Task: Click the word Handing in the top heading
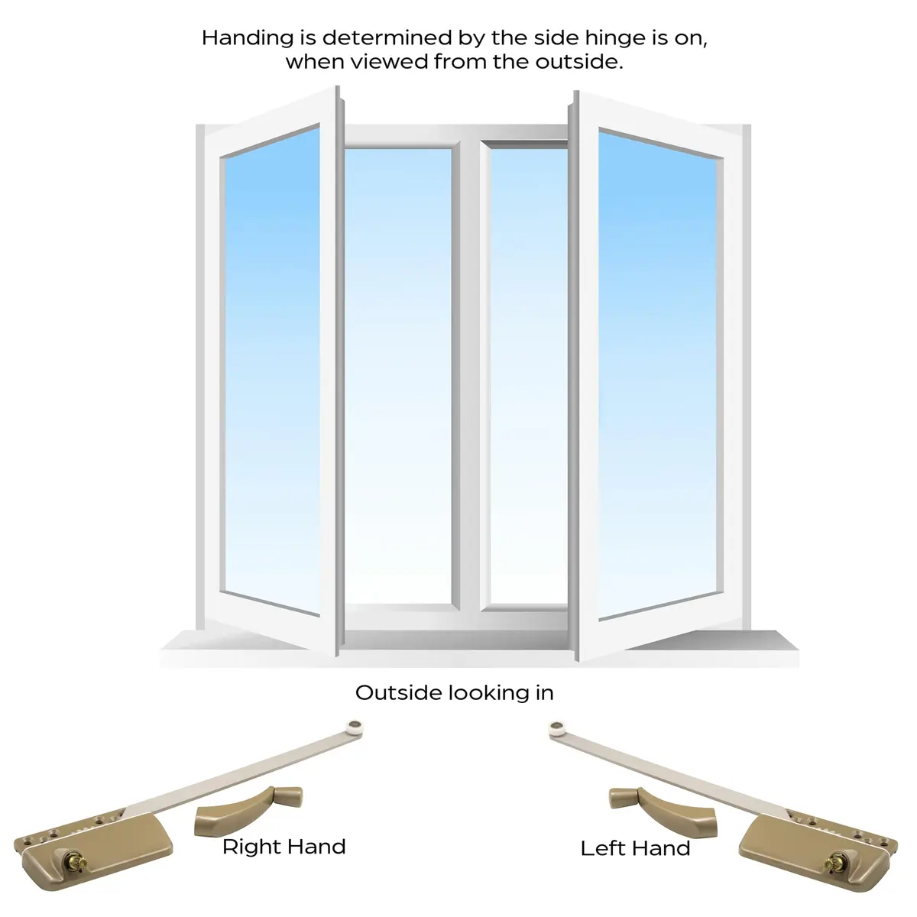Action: click(248, 38)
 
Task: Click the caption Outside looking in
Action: click(455, 693)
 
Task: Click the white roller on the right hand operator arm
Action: click(355, 728)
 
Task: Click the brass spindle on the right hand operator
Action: click(76, 861)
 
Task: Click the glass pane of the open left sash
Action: click(272, 371)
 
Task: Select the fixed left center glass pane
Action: click(398, 377)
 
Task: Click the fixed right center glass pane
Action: click(529, 377)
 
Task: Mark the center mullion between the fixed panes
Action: click(470, 376)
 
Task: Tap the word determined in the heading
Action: click(387, 38)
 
